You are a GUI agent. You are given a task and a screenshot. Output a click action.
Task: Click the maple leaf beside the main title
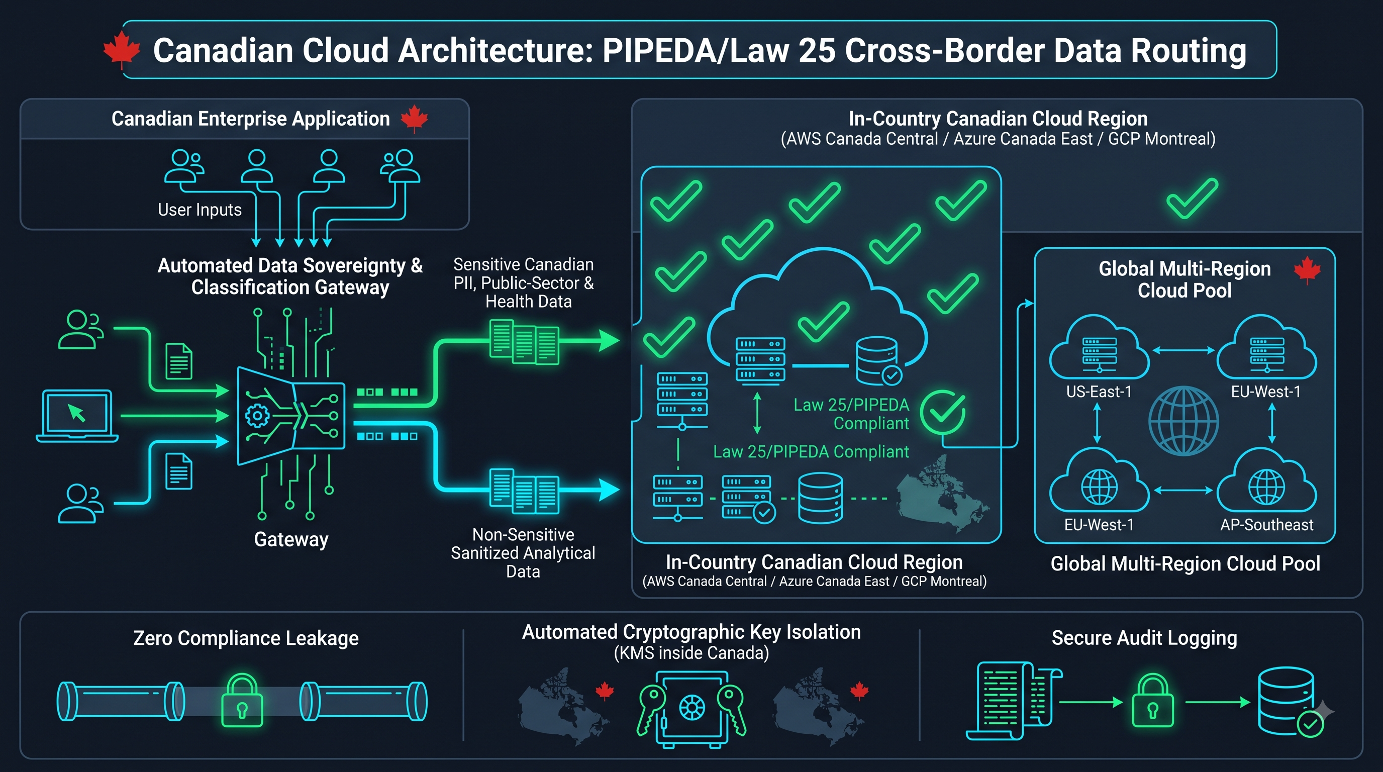[x=121, y=49]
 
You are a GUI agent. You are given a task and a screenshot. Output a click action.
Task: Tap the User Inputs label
[x=200, y=210]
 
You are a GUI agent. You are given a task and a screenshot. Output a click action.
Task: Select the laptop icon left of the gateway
[x=77, y=416]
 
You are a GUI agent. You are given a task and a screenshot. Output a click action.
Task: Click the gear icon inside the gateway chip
[x=257, y=416]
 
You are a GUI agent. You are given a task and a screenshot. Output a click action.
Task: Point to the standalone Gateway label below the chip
[x=291, y=539]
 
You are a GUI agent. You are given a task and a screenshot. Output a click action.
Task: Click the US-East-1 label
[x=1099, y=392]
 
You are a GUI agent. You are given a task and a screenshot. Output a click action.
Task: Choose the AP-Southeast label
[x=1266, y=525]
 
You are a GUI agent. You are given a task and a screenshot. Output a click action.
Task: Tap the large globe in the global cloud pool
[x=1183, y=421]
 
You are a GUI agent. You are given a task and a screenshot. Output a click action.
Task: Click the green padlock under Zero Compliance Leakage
[x=242, y=700]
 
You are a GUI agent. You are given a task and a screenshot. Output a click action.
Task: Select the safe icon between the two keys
[x=691, y=708]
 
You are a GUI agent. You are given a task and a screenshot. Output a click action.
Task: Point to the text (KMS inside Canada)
[x=691, y=653]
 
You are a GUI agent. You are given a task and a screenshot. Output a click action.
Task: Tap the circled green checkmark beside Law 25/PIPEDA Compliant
[x=942, y=412]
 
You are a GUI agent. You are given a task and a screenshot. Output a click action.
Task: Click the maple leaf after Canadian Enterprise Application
[x=415, y=119]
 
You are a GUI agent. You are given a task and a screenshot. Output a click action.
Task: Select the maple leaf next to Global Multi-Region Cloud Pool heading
[x=1307, y=270]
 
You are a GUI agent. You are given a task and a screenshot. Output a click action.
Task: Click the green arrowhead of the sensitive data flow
[x=610, y=340]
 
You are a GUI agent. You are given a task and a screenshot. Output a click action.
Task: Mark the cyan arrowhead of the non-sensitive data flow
[x=610, y=489]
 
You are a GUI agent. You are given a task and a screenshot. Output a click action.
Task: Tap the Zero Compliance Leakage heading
[x=246, y=638]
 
